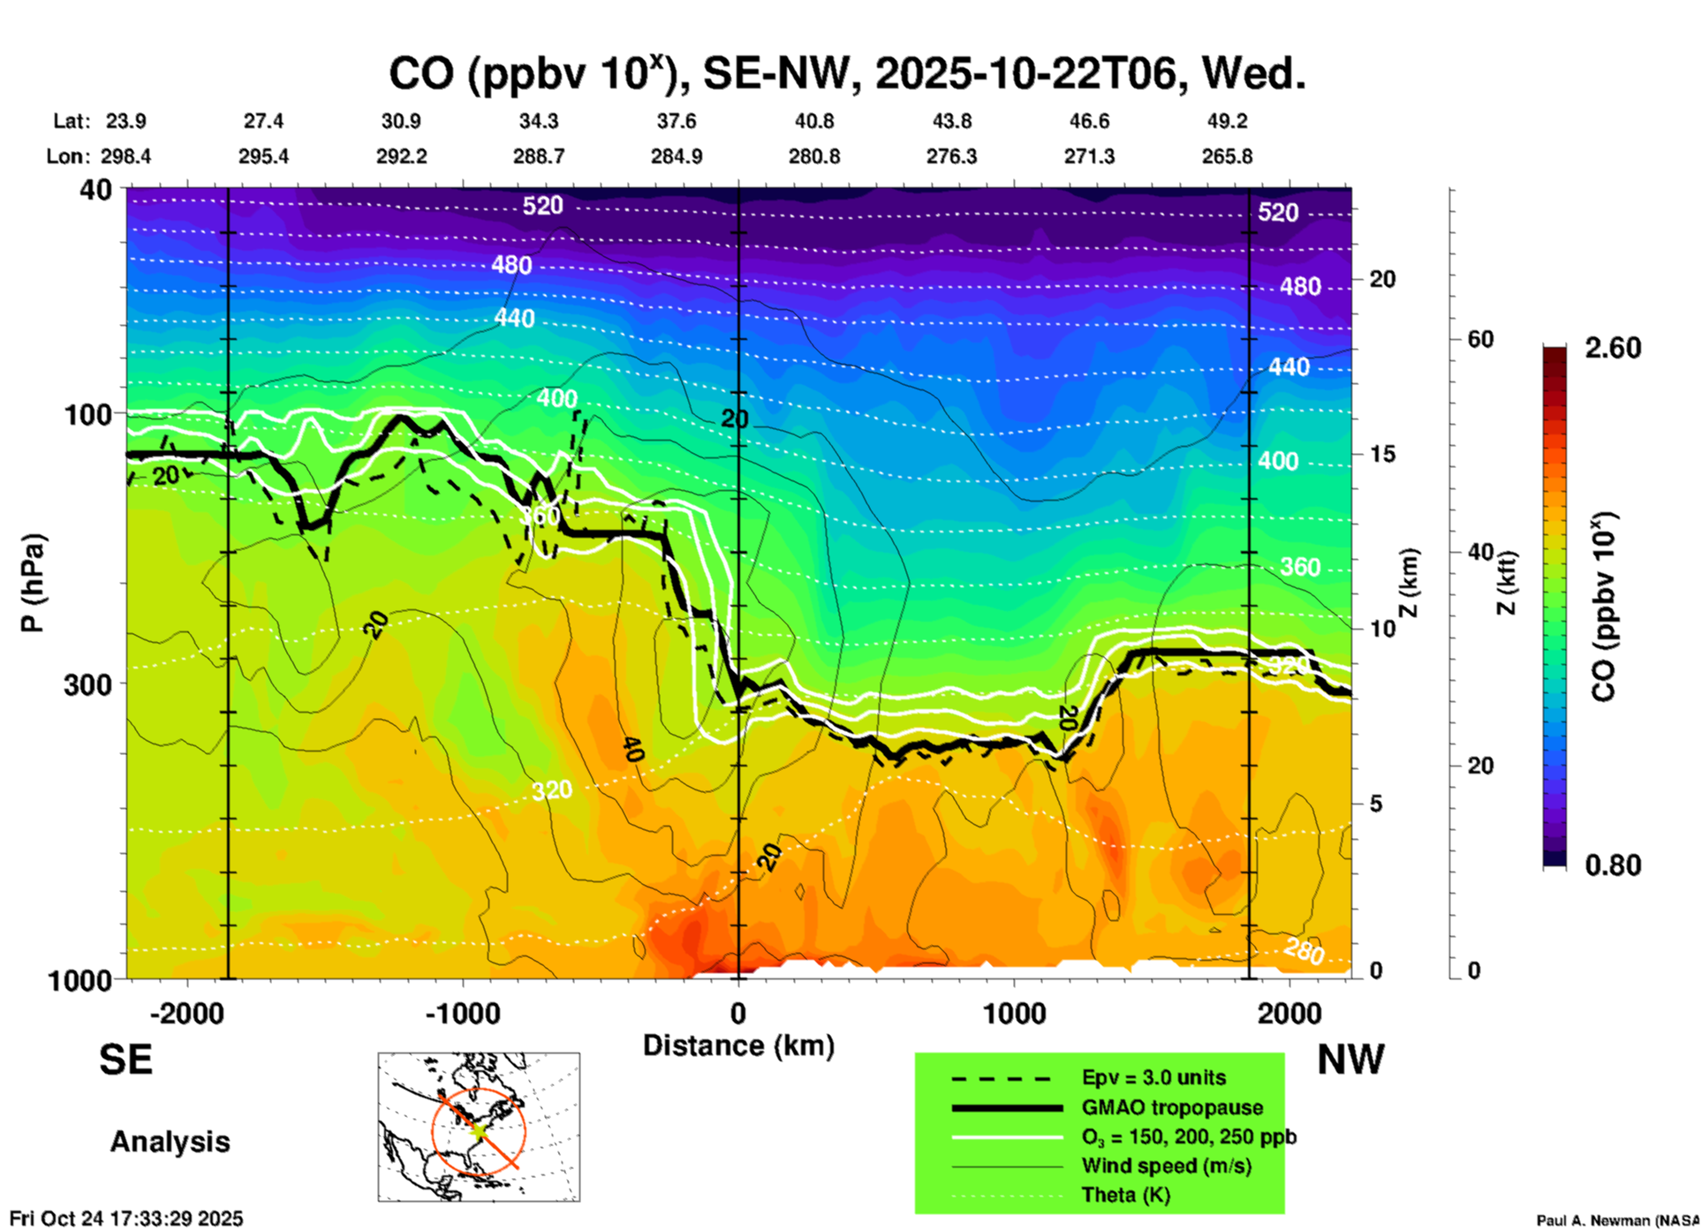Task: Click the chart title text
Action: pos(846,74)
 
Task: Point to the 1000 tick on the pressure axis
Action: pos(89,980)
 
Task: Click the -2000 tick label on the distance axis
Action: pos(187,1013)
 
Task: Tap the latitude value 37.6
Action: pos(676,121)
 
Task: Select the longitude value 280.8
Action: pos(813,156)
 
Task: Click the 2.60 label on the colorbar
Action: pos(1613,348)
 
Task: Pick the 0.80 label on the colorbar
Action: pos(1613,865)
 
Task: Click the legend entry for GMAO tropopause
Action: pos(1172,1107)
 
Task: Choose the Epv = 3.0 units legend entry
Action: pos(1153,1078)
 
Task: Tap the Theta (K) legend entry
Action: pos(1126,1196)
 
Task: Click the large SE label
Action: pos(125,1060)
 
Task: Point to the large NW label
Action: pos(1350,1060)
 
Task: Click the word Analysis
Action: pos(170,1142)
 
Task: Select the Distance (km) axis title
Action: pos(738,1046)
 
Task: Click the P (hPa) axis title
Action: pos(33,583)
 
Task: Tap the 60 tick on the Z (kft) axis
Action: pos(1480,339)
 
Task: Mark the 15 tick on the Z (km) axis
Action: pos(1382,454)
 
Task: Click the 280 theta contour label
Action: pos(1304,951)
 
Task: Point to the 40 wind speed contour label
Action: pos(632,750)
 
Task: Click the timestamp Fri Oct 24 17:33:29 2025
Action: pos(126,1219)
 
